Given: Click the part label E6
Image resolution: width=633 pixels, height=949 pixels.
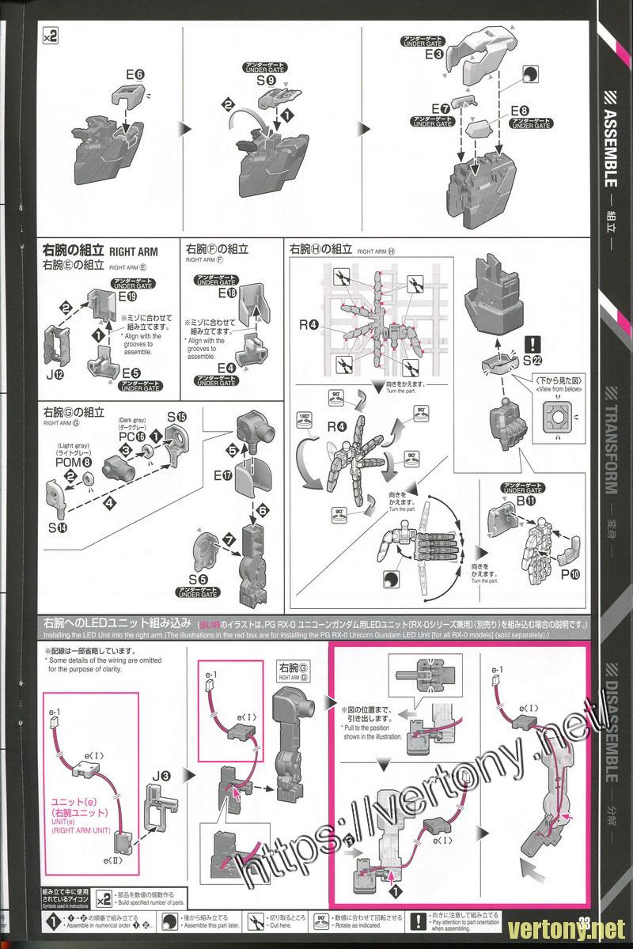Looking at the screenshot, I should (x=135, y=76).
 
